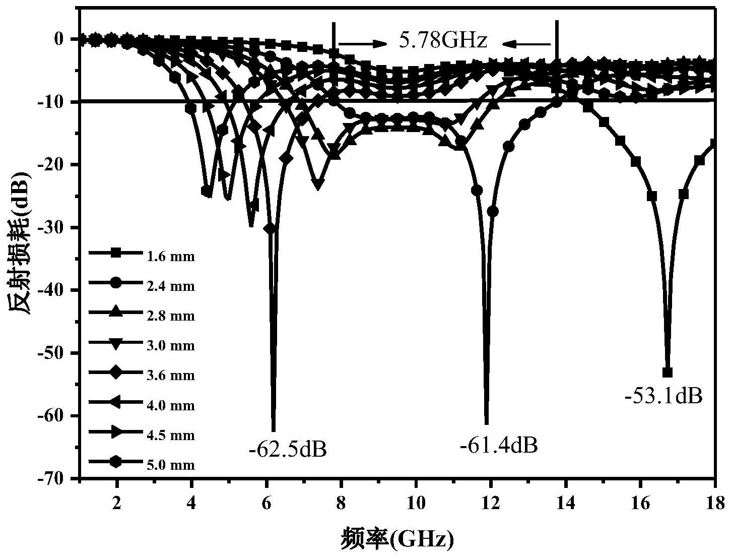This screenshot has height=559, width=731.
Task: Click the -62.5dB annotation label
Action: coord(288,449)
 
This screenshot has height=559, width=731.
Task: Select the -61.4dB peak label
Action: coord(499,446)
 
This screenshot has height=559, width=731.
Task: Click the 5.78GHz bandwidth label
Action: coord(443,41)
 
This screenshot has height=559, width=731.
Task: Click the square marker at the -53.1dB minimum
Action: coord(668,372)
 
